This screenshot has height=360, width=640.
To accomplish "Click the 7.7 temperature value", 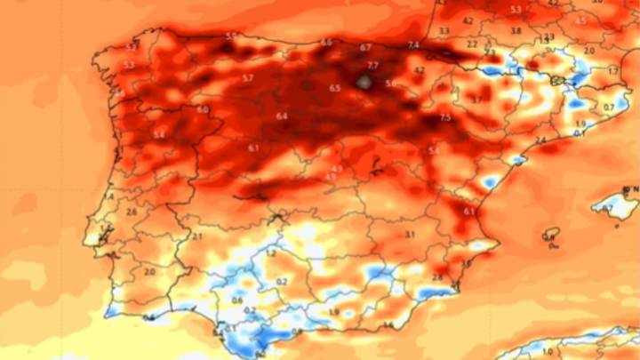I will pyautogui.click(x=373, y=66).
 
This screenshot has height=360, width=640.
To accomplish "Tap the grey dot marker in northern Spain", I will pyautogui.click(x=364, y=82).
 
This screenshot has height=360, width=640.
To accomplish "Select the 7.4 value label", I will pyautogui.click(x=413, y=45).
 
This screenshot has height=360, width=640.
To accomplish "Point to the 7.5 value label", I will pyautogui.click(x=444, y=117).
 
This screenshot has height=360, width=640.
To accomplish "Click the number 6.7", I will pyautogui.click(x=365, y=47).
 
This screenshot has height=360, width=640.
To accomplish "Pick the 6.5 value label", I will pyautogui.click(x=334, y=88).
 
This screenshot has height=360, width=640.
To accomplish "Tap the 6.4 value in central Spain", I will pyautogui.click(x=282, y=116).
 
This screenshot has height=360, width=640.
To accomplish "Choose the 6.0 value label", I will pyautogui.click(x=203, y=109).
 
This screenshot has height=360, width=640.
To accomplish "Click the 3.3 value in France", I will pyautogui.click(x=444, y=30).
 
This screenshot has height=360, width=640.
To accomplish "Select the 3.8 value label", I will pyautogui.click(x=516, y=31).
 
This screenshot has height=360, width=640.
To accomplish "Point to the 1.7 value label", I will pyautogui.click(x=613, y=70).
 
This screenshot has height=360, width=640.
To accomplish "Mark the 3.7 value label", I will pyautogui.click(x=476, y=100).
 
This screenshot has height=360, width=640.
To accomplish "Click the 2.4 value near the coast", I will pyautogui.click(x=540, y=140).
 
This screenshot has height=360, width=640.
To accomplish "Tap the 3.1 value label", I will pyautogui.click(x=410, y=235).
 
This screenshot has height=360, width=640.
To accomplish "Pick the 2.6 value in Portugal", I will pyautogui.click(x=131, y=212).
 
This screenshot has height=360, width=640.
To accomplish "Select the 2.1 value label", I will pyautogui.click(x=196, y=237).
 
